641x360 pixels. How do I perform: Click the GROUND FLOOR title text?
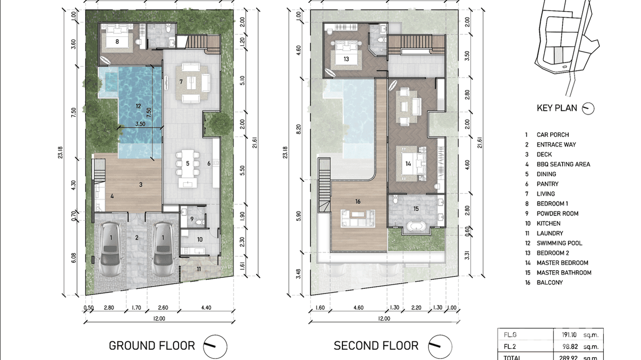point(151,346)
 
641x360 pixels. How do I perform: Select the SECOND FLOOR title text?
point(375,346)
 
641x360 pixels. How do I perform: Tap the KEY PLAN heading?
point(556,108)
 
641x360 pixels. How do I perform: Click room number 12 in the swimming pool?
point(139,106)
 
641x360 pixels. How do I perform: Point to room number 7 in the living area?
point(181,82)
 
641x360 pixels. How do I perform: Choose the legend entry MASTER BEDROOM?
point(562,263)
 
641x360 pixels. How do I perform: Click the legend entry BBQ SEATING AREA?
point(563,164)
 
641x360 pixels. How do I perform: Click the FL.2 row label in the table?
point(508,347)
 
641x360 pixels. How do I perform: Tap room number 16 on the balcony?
point(358,201)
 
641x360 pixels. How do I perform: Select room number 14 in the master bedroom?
point(408,164)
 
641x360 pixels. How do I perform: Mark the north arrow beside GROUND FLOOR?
point(215,346)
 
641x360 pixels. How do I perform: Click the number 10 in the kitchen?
point(200,239)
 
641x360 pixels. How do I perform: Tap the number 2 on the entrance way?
point(137,238)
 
